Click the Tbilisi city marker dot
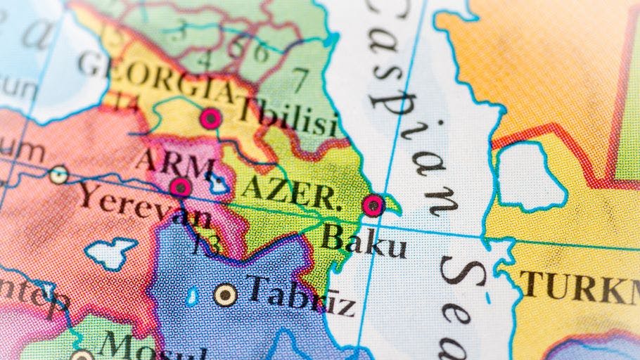[x=210, y=118]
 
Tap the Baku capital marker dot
[x=373, y=205]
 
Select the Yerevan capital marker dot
[x=181, y=187]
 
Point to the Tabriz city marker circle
[x=225, y=295]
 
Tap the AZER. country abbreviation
[x=292, y=191]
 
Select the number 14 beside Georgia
[x=127, y=103]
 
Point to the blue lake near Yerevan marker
[x=219, y=184]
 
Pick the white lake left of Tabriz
[x=111, y=253]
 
